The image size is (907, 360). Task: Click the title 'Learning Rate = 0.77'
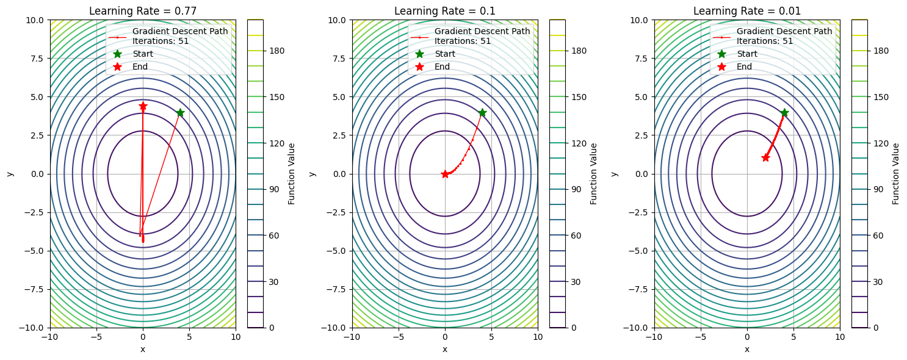point(143,11)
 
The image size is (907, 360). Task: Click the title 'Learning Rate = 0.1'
point(444,11)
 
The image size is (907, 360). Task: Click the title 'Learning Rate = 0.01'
point(746,11)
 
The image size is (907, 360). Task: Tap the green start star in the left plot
point(180,113)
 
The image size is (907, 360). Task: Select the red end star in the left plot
point(143,106)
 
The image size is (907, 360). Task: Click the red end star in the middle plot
point(445,174)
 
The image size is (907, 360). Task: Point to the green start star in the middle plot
point(482,113)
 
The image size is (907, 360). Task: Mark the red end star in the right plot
point(765,157)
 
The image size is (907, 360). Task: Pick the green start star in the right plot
point(784,113)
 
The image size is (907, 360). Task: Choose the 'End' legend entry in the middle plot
point(442,67)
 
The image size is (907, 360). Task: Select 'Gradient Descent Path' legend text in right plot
point(784,31)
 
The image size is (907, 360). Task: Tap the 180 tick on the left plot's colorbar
point(278,51)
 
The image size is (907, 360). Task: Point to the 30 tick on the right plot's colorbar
point(881,282)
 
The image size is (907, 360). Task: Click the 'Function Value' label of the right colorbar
point(895,174)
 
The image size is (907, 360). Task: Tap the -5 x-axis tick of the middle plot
point(399,337)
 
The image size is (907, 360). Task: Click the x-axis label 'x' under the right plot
point(746,349)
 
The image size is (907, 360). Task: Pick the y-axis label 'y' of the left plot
point(10,174)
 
